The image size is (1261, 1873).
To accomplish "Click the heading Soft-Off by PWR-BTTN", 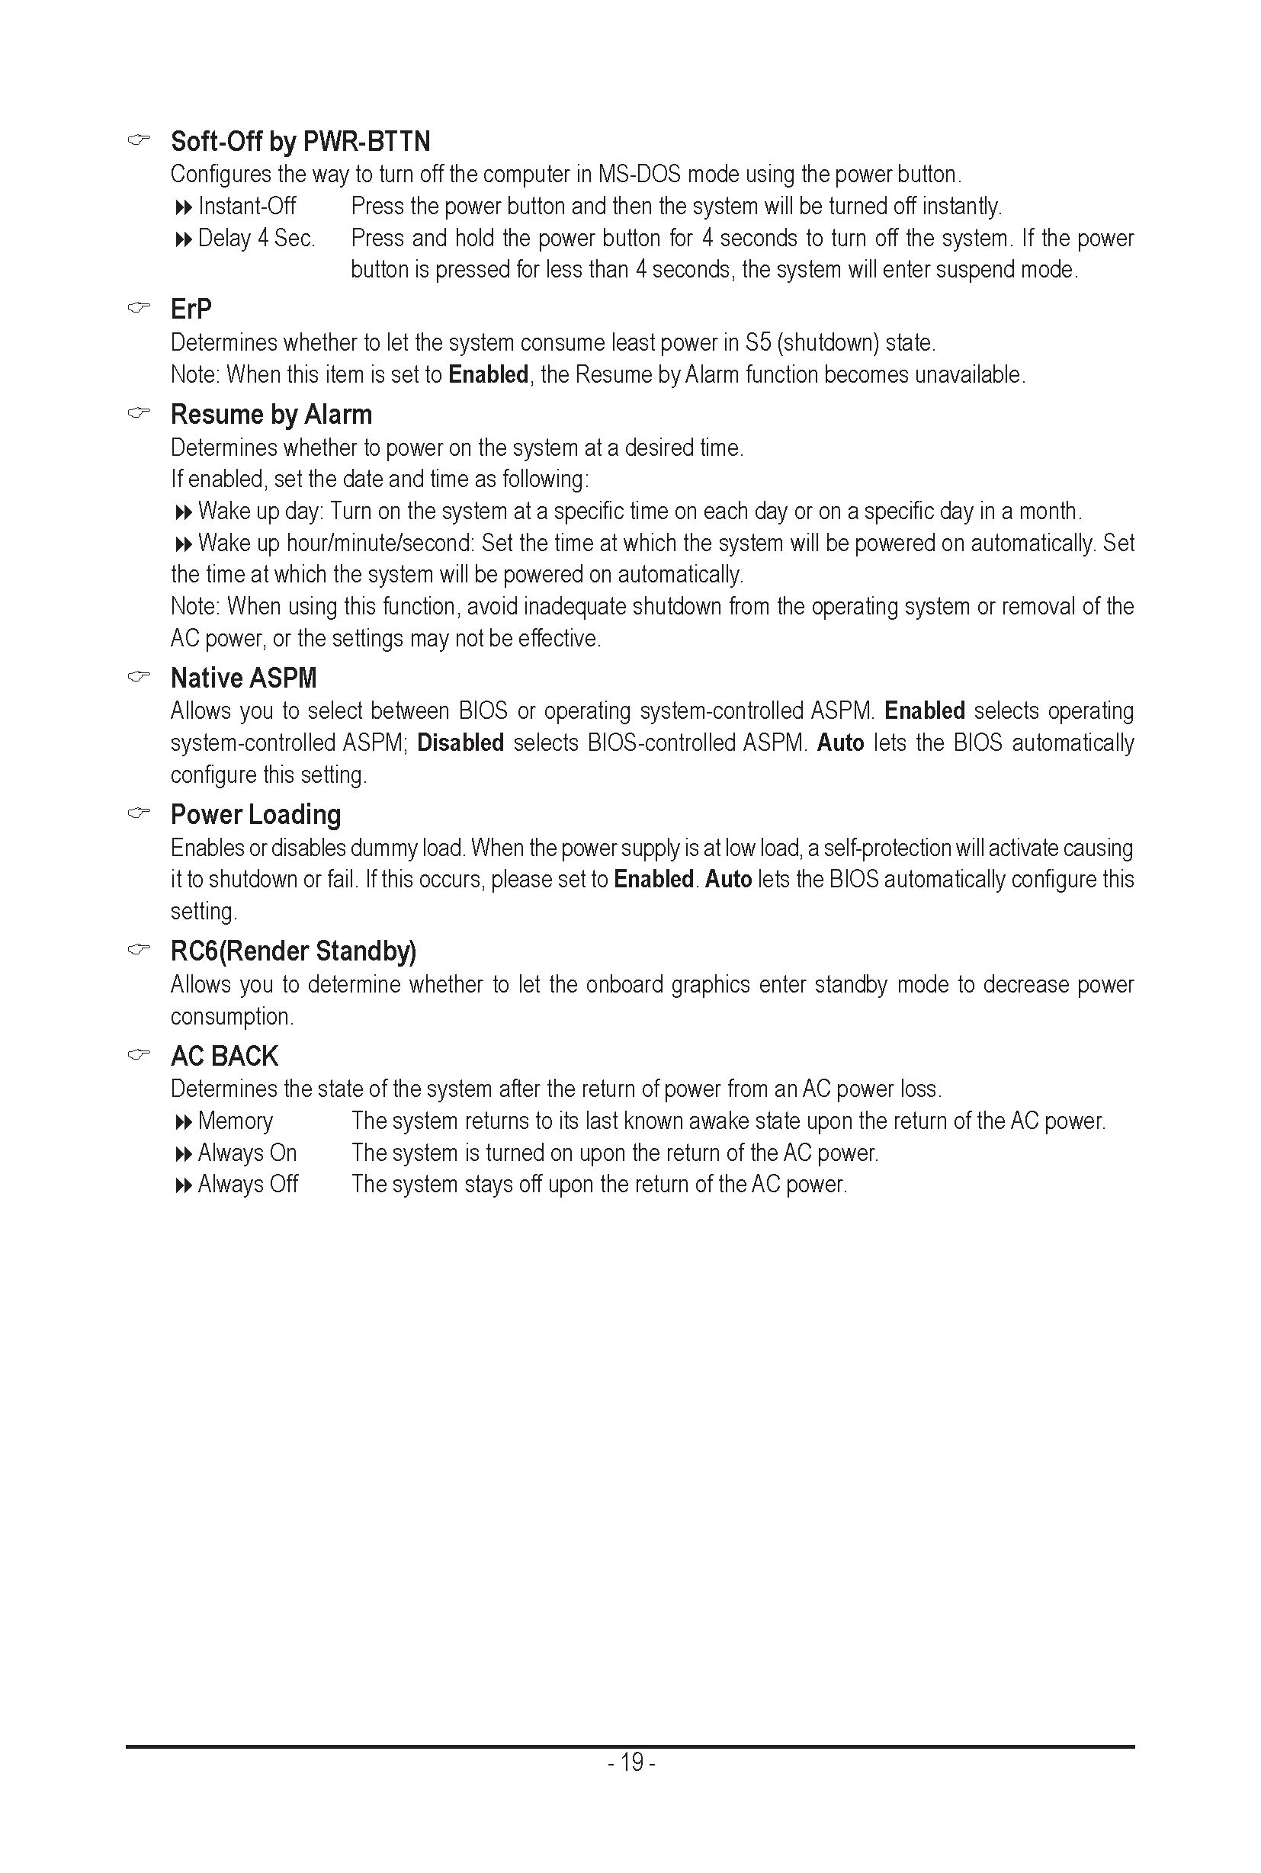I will click(300, 142).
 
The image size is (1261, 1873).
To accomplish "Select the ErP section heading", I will click(191, 309).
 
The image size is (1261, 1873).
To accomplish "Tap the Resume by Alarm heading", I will click(271, 415).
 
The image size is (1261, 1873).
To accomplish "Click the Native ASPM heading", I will click(243, 678).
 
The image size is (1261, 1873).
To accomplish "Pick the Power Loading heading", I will click(255, 815).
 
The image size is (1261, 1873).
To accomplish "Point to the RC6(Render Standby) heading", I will click(293, 951).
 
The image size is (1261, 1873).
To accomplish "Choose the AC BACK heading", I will click(224, 1056).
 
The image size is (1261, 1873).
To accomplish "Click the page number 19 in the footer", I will click(632, 1762).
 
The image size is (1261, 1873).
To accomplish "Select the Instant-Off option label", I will click(247, 207).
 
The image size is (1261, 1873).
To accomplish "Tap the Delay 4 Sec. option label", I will click(256, 239).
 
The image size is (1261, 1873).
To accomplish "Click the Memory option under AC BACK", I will click(235, 1121).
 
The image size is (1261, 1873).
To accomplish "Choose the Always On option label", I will click(247, 1153).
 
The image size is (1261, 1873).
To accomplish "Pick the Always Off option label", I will click(248, 1185).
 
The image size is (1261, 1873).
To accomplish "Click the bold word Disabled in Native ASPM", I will click(460, 743).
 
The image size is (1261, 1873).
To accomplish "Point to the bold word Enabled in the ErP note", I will click(488, 375).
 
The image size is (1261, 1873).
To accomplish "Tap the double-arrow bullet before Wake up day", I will click(184, 512).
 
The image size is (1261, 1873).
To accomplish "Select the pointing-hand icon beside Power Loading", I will click(139, 813).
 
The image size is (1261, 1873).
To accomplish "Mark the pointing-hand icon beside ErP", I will click(139, 307).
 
